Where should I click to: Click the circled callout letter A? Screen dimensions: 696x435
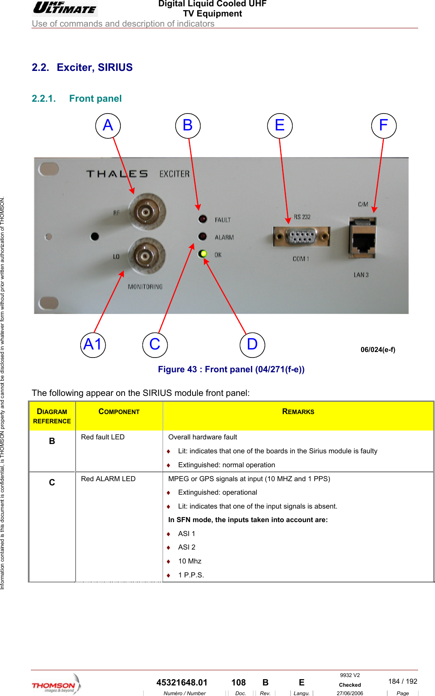tap(108, 126)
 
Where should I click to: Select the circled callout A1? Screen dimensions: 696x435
tap(93, 345)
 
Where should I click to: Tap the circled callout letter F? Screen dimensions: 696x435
tap(383, 126)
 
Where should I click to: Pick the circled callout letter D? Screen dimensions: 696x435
tap(252, 345)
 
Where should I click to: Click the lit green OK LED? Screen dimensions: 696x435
tap(203, 254)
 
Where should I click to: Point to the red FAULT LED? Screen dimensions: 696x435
tap(203, 219)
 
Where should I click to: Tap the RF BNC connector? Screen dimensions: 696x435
tap(145, 212)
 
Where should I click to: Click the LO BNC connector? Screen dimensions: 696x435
tap(145, 256)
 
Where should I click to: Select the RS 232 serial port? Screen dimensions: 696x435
tap(301, 237)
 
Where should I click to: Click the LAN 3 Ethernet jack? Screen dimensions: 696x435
tap(362, 238)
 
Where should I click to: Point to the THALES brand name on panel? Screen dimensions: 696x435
tap(117, 174)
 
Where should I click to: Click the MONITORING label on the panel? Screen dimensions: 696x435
tap(145, 287)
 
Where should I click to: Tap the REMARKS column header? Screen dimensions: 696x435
tap(298, 412)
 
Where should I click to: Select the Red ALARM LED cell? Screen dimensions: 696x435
tap(108, 479)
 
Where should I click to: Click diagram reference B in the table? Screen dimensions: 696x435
tap(52, 441)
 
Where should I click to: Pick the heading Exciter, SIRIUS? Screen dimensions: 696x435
tap(95, 68)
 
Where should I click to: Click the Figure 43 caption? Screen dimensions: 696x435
tap(231, 369)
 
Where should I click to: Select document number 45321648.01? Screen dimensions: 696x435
tap(182, 682)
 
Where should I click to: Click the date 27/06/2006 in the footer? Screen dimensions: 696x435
tap(350, 693)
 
